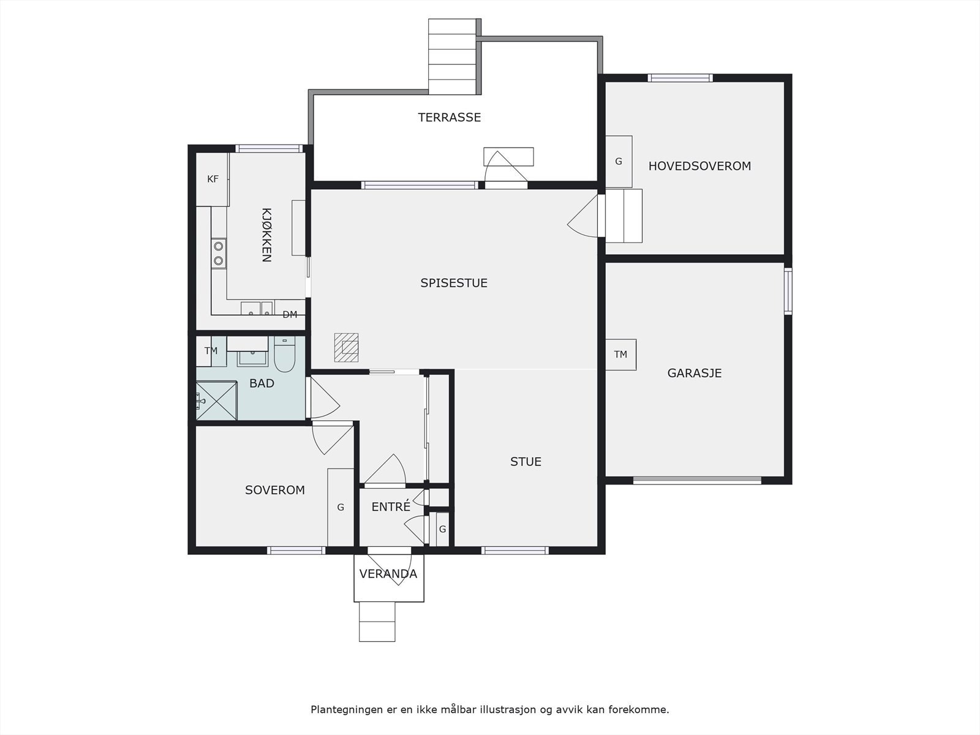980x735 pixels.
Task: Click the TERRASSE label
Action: (x=449, y=118)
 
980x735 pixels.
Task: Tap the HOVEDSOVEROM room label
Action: (x=699, y=166)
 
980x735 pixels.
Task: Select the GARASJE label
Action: (x=694, y=373)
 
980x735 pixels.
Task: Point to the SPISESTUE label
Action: (x=454, y=283)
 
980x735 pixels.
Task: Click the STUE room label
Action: (x=526, y=461)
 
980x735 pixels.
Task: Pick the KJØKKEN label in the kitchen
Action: (x=266, y=235)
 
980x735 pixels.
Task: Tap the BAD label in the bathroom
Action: (x=262, y=383)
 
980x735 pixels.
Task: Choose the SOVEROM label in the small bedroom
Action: (x=274, y=490)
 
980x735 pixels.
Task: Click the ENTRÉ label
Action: (x=391, y=507)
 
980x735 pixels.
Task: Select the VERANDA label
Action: (x=388, y=574)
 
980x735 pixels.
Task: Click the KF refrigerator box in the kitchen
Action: (x=213, y=179)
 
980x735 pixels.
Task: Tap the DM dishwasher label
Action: (x=290, y=315)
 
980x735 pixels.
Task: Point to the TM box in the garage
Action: (x=620, y=355)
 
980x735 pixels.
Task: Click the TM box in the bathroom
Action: (x=211, y=351)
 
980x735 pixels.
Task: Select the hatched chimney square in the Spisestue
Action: (x=347, y=348)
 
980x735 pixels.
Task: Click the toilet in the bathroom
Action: (x=284, y=355)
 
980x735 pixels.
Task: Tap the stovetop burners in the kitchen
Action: (x=218, y=253)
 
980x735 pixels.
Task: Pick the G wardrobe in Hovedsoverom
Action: (x=619, y=162)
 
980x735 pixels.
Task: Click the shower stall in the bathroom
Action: (x=217, y=401)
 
